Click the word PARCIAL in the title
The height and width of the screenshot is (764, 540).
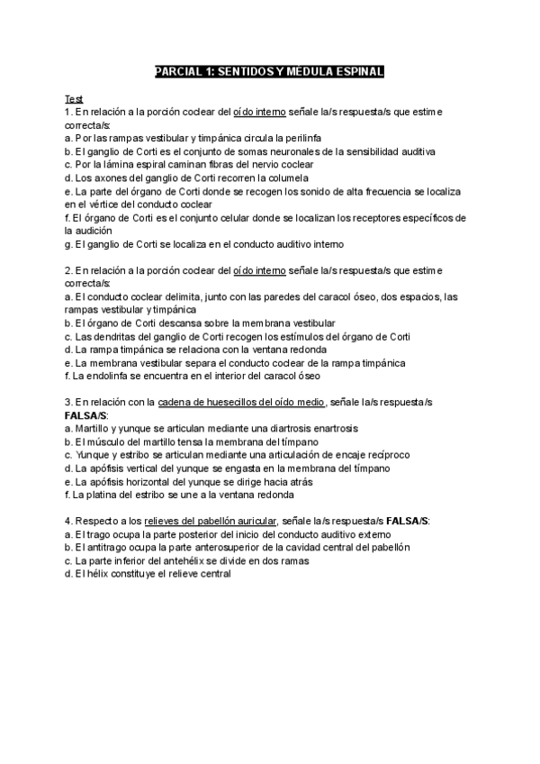click(174, 71)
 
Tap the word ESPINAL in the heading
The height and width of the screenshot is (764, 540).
click(356, 71)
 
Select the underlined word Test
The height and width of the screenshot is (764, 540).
click(73, 97)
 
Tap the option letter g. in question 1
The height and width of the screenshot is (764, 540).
click(69, 244)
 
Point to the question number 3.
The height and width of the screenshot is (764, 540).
click(67, 402)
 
